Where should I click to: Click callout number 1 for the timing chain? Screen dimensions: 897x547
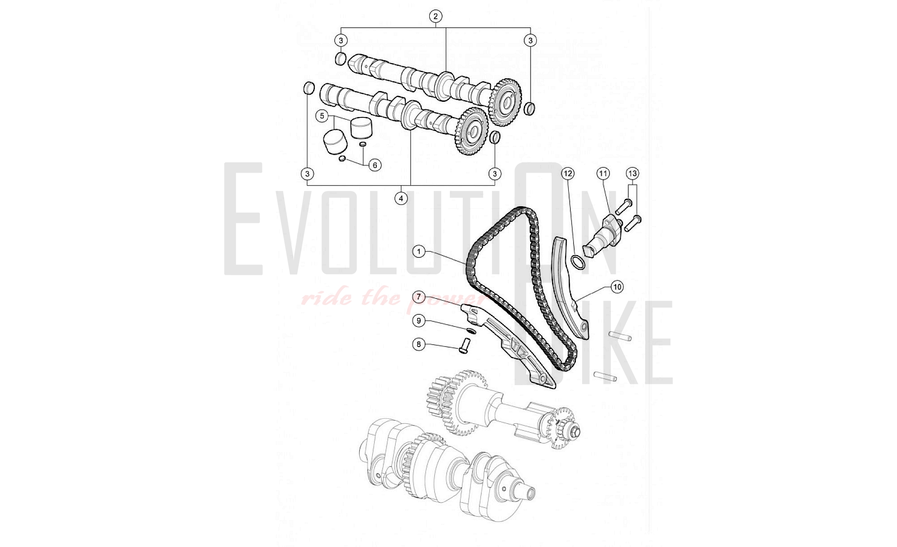[419, 252]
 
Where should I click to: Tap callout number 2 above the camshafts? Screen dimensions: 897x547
[435, 17]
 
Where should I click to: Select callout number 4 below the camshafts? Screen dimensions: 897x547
[401, 198]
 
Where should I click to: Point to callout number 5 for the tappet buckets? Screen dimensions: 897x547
[322, 116]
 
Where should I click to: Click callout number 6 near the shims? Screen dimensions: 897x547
[375, 165]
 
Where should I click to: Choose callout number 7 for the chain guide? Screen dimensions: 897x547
[419, 297]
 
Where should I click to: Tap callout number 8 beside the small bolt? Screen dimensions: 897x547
[419, 344]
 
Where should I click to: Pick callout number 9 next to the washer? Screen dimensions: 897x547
[419, 321]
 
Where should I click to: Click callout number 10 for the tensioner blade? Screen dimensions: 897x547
[617, 287]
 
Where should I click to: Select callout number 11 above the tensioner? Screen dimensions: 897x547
[603, 174]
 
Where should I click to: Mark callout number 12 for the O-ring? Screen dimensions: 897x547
[568, 174]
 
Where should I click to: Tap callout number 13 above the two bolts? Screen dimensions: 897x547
[632, 174]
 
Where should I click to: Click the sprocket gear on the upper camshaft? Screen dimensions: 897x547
[506, 103]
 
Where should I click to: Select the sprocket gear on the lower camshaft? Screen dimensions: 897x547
[472, 131]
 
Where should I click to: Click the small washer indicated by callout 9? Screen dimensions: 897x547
[470, 331]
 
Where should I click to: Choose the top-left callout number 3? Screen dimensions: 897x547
[341, 40]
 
